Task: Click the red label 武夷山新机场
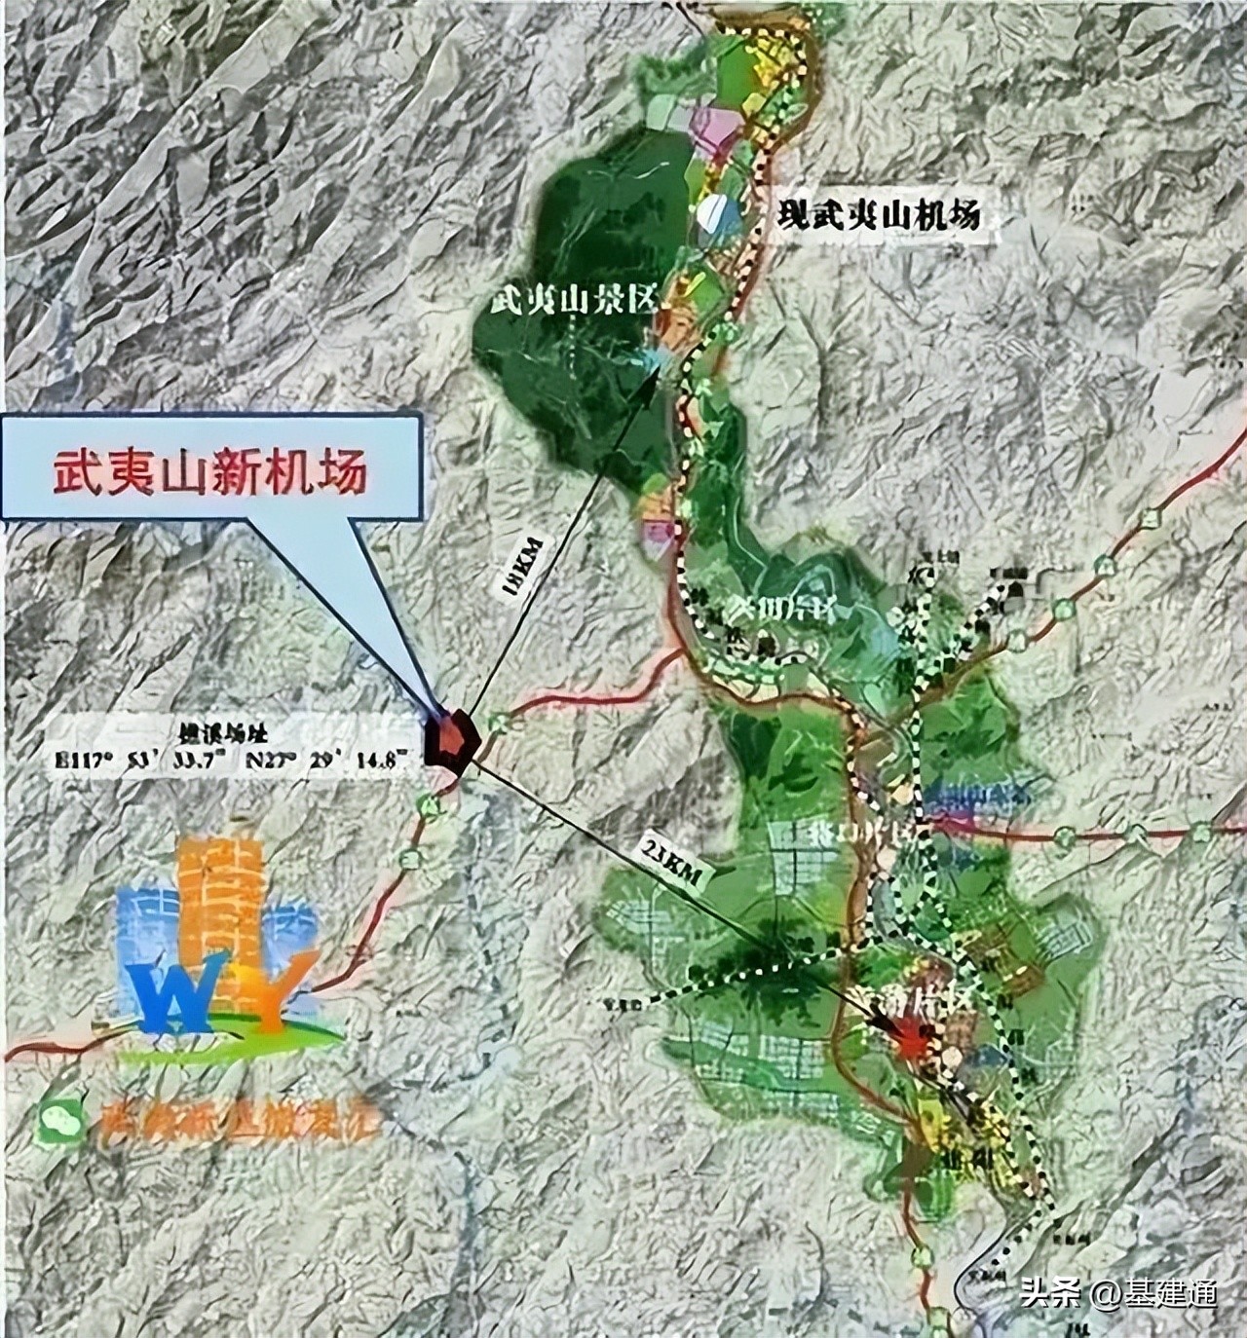[x=208, y=476]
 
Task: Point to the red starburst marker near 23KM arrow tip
[x=911, y=1042]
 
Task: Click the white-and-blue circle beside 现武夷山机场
[x=719, y=212]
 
